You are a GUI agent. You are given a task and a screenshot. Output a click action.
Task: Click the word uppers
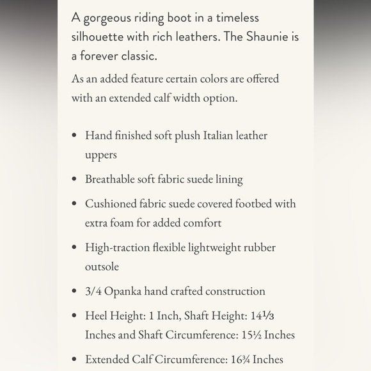(x=101, y=155)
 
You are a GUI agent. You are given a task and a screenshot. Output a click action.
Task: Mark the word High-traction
(x=118, y=248)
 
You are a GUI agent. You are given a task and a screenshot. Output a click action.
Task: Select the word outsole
(x=102, y=267)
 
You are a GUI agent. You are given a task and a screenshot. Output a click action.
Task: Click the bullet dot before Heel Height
(x=75, y=316)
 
